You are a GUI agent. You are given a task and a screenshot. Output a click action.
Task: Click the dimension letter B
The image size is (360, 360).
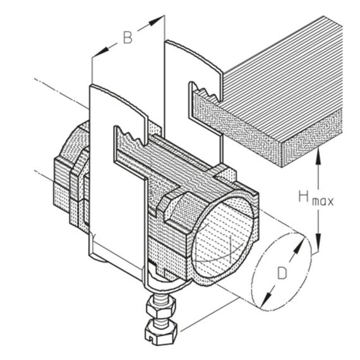click(128, 37)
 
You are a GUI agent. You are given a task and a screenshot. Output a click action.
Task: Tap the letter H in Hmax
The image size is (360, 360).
click(304, 196)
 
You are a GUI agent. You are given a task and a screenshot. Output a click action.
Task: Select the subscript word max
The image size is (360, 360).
click(323, 201)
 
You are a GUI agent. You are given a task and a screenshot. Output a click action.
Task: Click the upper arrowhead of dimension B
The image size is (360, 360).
click(156, 20)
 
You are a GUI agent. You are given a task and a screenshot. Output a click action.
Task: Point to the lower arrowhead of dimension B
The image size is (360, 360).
click(100, 52)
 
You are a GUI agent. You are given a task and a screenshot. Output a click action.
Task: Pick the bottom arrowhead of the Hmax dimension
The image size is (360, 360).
click(318, 241)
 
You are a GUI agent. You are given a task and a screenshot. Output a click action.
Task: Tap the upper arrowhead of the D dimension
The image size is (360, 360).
click(299, 245)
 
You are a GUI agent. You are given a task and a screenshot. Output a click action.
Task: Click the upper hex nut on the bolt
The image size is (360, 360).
click(160, 307)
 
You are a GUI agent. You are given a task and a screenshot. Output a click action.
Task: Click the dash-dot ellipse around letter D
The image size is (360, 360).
click(282, 272)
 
